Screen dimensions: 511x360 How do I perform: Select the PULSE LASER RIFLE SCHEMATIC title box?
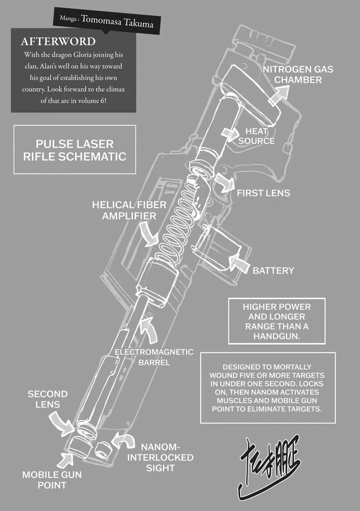click(x=75, y=149)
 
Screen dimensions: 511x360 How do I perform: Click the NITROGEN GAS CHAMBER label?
click(x=297, y=75)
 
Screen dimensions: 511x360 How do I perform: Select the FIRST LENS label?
click(x=263, y=193)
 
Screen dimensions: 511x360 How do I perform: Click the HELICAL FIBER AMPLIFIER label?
click(x=124, y=210)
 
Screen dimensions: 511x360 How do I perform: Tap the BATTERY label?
click(x=274, y=270)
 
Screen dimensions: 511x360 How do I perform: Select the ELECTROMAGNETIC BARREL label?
click(x=154, y=357)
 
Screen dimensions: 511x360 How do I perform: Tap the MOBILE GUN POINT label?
click(x=52, y=479)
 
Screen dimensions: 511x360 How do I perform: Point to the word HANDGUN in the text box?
click(x=277, y=336)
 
